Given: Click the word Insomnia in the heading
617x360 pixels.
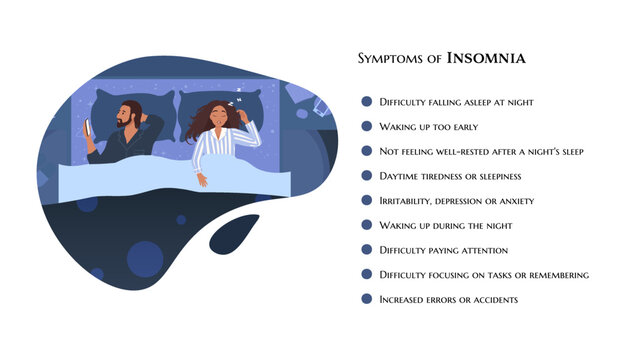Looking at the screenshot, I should click(486, 58).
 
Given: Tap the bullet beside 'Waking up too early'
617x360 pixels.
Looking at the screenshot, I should click(367, 126).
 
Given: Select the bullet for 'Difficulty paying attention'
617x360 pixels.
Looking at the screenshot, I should click(367, 249).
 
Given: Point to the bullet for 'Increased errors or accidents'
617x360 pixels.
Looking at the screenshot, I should click(367, 298).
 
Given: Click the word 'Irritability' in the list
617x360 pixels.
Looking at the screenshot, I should click(406, 200).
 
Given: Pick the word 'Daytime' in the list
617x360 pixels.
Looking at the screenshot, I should click(402, 175).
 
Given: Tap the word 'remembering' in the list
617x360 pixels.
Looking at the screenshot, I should click(559, 274).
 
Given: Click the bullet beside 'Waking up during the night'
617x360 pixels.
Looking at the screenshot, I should click(367, 224).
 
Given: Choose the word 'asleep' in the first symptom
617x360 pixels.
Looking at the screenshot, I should click(471, 102).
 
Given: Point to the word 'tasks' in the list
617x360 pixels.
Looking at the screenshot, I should click(492, 274).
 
